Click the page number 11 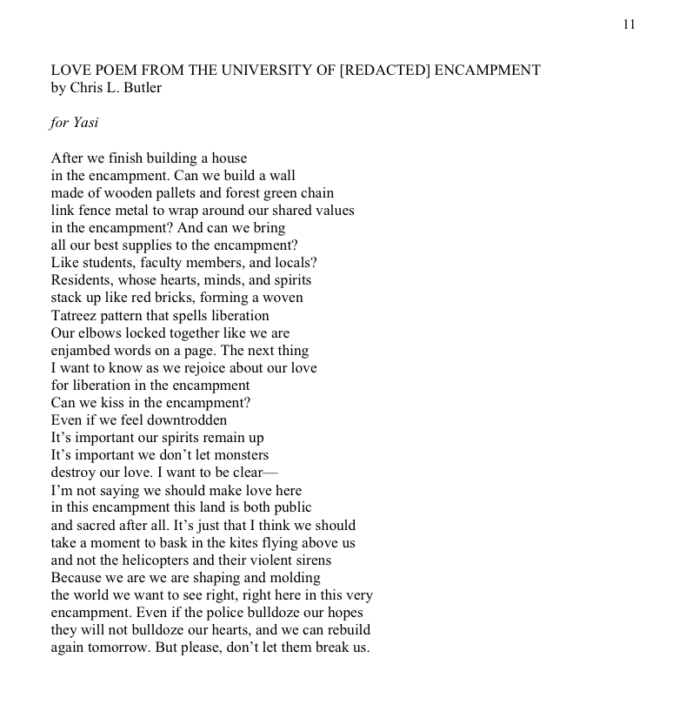[x=629, y=24]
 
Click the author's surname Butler [x=141, y=88]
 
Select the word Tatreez [x=76, y=315]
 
